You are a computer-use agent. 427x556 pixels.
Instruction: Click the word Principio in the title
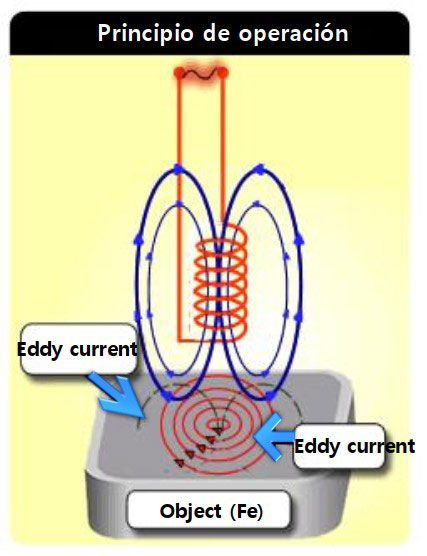146,34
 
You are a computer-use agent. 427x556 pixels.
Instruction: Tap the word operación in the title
293,34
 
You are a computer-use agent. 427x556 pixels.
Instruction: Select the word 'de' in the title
216,33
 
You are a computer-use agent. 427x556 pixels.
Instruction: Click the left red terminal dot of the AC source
179,73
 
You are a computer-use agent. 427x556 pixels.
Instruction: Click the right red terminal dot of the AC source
222,73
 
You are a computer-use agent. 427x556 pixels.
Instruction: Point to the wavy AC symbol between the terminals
201,73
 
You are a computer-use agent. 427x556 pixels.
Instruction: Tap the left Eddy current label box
79,349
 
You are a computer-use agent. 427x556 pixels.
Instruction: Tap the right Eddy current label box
339,446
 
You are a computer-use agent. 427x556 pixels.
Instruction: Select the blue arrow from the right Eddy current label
274,437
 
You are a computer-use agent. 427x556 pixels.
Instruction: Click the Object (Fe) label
209,510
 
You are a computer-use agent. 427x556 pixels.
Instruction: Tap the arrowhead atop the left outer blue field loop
178,170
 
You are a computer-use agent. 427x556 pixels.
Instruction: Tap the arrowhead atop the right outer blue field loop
261,169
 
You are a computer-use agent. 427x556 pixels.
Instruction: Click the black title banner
210,33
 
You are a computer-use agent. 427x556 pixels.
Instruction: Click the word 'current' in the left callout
104,349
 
